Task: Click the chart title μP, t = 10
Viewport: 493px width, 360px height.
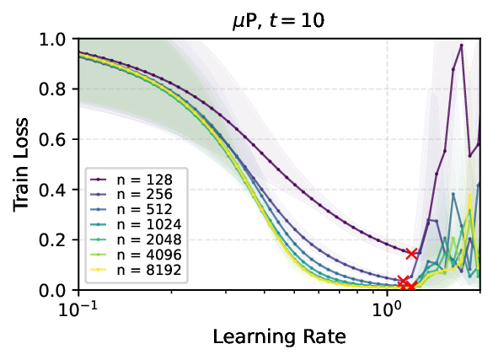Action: [279, 17]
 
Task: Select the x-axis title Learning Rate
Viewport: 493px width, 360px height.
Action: [279, 336]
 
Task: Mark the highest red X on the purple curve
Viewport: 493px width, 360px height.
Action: [411, 253]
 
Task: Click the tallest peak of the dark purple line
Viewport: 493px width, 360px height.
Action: [461, 46]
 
